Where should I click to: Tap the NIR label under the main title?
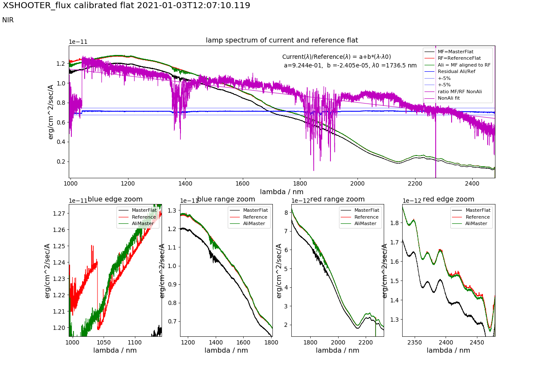coord(8,20)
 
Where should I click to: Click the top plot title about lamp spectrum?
coord(282,40)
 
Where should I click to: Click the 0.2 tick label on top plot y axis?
coord(60,162)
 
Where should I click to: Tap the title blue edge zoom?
coord(115,199)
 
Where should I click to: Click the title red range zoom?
coord(337,199)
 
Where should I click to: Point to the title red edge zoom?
coord(449,199)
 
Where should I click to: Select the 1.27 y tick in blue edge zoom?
coord(60,213)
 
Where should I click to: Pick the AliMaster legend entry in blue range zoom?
coord(255,223)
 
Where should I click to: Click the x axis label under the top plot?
coord(282,192)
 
